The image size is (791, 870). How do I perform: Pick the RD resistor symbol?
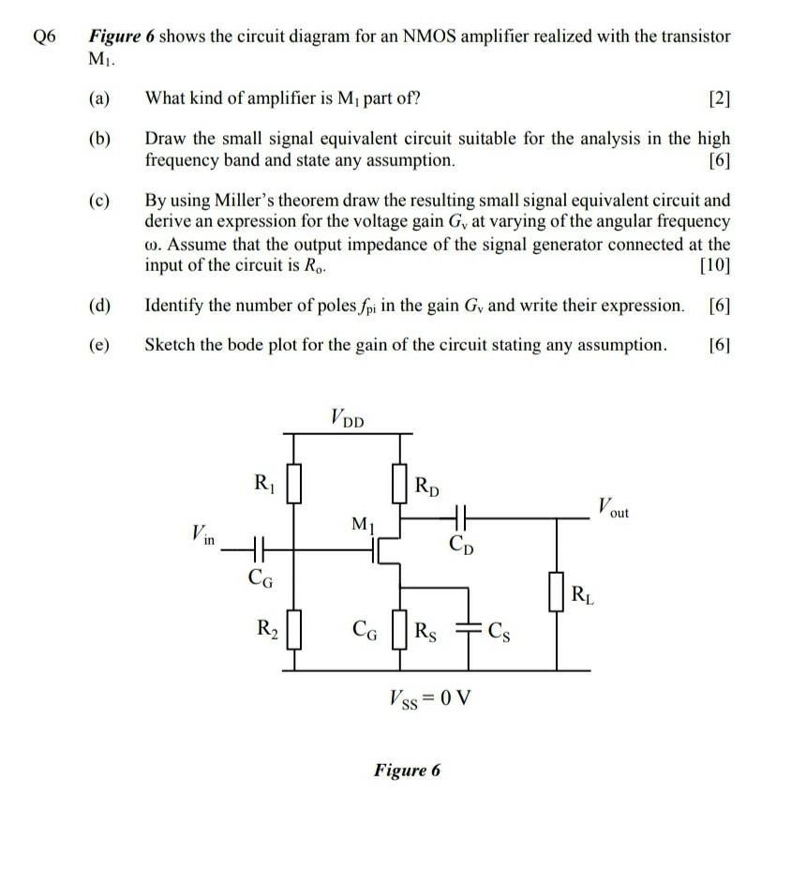pyautogui.click(x=401, y=487)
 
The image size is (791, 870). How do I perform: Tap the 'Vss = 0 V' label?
pyautogui.click(x=428, y=698)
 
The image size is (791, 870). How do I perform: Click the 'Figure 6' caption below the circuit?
pyautogui.click(x=406, y=771)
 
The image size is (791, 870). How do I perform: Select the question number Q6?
pyautogui.click(x=44, y=36)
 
